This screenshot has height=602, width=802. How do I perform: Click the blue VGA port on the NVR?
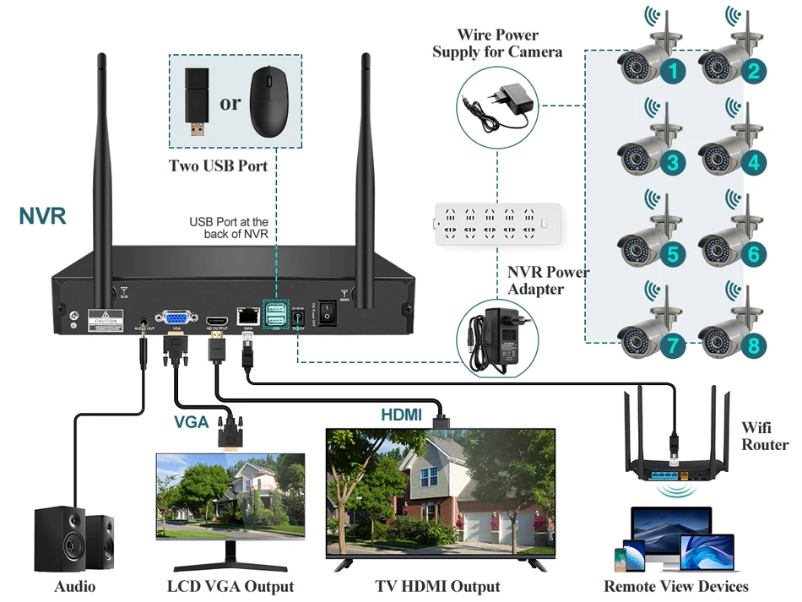pos(176,318)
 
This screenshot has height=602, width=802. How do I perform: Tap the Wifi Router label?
pos(765,436)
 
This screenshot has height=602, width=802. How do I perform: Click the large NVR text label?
pos(42,215)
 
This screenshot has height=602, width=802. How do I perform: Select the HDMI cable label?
pos(402,415)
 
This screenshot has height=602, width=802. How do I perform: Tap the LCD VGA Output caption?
pos(230,586)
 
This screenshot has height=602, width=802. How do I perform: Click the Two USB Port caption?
pos(219,165)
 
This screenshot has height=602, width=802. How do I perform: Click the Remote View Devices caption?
pos(676,586)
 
